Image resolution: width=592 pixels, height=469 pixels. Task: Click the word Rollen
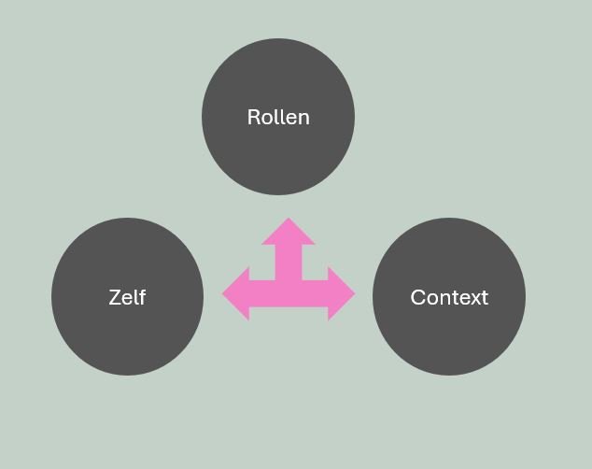(278, 118)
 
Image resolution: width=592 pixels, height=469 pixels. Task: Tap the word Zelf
(127, 297)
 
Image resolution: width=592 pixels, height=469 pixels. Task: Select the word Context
(449, 297)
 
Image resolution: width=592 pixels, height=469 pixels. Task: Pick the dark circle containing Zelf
(127, 336)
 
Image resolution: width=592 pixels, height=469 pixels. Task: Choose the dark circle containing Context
(449, 336)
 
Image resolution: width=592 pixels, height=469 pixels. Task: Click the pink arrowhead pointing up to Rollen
(289, 232)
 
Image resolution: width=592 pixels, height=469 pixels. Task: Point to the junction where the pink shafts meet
(289, 291)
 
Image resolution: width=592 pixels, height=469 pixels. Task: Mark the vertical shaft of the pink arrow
(289, 262)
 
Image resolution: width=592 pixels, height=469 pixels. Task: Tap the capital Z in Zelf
(115, 297)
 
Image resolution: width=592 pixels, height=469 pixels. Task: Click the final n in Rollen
(303, 119)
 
